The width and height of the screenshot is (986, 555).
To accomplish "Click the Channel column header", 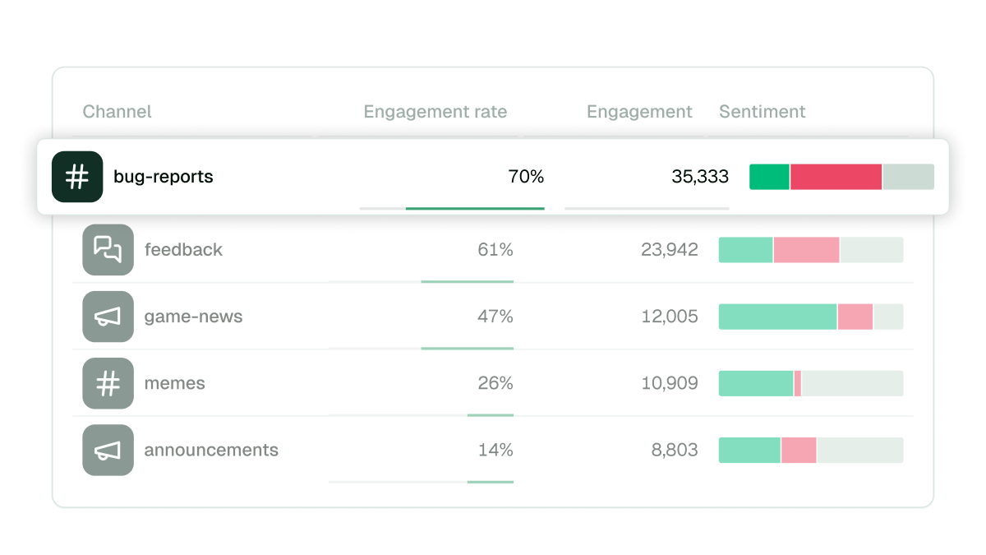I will pos(117,112).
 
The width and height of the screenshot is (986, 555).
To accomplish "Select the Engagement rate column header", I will pos(435,112).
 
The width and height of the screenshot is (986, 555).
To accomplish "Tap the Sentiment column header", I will pos(762,112).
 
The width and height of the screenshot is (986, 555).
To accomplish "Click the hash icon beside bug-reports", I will pos(77,177).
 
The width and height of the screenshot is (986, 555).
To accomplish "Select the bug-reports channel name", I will pos(163,177).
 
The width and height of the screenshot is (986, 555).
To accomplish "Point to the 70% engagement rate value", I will pos(526,177).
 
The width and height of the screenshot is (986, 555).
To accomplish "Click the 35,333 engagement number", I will pos(699,177).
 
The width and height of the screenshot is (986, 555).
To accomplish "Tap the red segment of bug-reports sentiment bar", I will pos(836,177).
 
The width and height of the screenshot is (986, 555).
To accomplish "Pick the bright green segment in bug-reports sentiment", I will pos(769,177).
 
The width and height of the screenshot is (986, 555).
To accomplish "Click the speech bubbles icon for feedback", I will pos(108,250).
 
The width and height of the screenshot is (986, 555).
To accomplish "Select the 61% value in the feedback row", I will pos(495,250).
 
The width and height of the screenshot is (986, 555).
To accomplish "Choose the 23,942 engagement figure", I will pos(669,250).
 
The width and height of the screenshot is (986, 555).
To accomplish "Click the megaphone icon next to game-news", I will pos(108,317).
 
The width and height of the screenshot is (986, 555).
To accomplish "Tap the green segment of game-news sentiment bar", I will pos(777,317).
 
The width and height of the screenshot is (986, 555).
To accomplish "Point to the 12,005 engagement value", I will pos(669,317).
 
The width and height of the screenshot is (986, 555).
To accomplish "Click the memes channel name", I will pos(174,383).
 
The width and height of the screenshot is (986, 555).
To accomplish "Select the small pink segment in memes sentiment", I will pos(797,383).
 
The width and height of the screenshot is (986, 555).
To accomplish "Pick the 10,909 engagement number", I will pos(669,383).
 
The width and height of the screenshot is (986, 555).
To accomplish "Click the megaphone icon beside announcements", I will pos(108,450).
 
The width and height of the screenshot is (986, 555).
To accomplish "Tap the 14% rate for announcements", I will pos(495,450).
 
